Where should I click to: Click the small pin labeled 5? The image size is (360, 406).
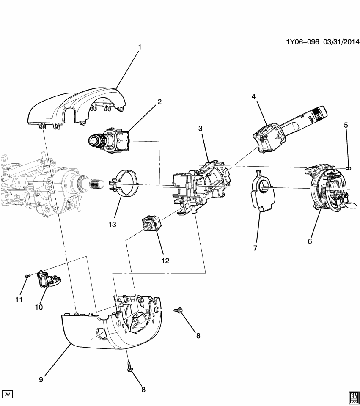point(349,168)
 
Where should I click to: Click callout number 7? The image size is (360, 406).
point(255,248)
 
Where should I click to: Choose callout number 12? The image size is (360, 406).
point(165,261)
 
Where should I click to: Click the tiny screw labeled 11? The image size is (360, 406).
point(27,276)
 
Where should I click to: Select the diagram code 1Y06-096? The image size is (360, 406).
point(302,42)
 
